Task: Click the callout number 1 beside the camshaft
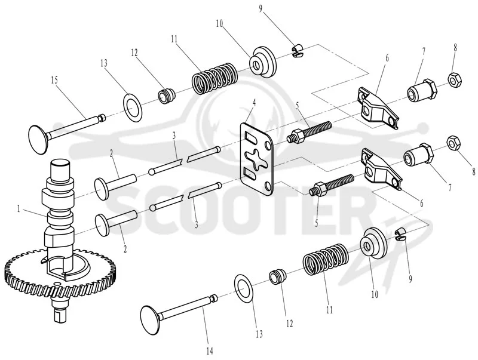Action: [x=19, y=209]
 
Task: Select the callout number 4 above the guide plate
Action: [x=254, y=102]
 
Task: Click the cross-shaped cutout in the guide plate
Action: [x=256, y=161]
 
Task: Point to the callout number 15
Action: [x=54, y=81]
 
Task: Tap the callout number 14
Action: [x=210, y=351]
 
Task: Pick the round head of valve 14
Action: [x=152, y=320]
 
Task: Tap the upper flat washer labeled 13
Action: [x=133, y=106]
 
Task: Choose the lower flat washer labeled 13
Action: [x=244, y=288]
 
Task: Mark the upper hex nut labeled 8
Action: [x=455, y=80]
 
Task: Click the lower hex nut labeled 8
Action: [x=454, y=143]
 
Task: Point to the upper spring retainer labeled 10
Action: [x=262, y=62]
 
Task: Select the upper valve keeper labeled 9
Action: [x=297, y=51]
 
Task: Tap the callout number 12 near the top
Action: [x=134, y=53]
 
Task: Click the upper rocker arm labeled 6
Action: [x=378, y=109]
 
